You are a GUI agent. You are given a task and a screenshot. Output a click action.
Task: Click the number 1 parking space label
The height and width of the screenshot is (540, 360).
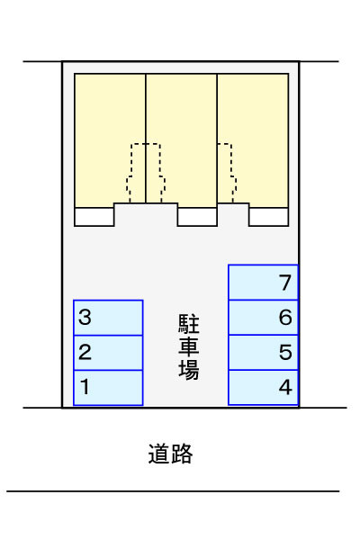(x=85, y=386)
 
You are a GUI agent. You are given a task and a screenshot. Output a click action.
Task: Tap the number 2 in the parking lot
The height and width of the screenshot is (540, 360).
(x=85, y=352)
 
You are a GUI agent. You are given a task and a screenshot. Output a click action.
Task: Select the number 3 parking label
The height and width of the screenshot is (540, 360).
(x=85, y=317)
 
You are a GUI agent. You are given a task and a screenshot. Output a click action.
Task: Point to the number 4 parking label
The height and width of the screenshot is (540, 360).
(x=285, y=387)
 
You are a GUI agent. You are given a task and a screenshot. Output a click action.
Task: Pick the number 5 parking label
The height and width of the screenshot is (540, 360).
(x=285, y=352)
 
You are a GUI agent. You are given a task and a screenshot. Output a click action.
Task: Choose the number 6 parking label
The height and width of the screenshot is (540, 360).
(x=285, y=317)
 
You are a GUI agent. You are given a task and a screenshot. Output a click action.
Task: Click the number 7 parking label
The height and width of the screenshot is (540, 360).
(x=285, y=283)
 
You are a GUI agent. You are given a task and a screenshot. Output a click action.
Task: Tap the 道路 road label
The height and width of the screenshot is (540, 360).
(x=170, y=454)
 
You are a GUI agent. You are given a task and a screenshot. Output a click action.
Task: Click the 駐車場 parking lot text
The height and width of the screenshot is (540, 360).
(x=189, y=346)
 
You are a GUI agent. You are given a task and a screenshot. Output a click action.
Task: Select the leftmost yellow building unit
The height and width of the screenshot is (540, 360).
(x=110, y=140)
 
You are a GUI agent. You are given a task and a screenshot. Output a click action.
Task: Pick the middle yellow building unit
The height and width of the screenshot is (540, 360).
(x=182, y=140)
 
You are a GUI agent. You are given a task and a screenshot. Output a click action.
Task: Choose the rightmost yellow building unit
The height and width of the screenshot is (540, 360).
(x=253, y=140)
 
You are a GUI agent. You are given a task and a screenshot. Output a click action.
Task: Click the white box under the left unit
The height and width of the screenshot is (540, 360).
(x=94, y=217)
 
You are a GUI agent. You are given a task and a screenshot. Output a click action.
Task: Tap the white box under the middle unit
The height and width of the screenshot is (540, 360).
(x=197, y=217)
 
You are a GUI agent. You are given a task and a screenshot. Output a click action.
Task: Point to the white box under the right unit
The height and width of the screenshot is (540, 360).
(x=269, y=217)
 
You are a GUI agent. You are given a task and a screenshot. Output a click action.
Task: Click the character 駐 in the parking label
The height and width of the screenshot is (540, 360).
(x=189, y=324)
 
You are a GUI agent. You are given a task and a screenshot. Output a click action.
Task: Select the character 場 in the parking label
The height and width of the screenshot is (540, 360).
(x=189, y=370)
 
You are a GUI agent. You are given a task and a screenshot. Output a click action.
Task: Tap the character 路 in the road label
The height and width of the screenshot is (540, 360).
(x=182, y=454)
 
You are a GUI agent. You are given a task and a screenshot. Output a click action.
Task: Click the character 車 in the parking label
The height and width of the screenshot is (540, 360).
(x=189, y=346)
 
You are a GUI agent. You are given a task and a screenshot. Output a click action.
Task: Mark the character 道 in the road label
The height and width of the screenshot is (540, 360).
(x=159, y=454)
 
